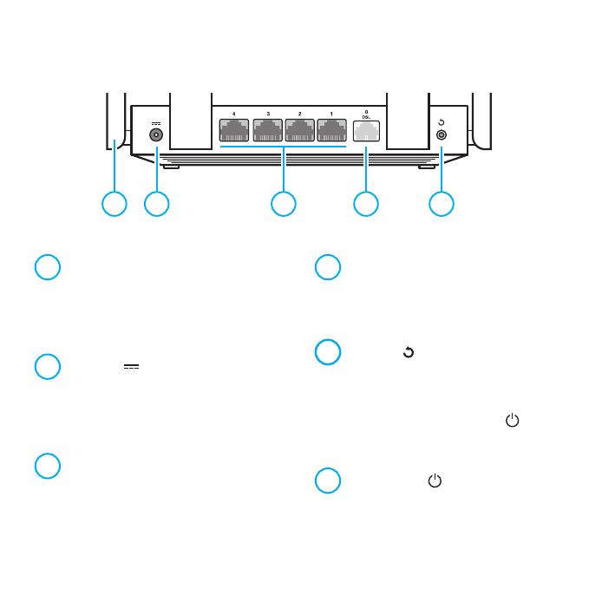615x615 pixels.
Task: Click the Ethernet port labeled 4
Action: pos(235,129)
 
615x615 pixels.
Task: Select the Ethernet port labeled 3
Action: pos(268,129)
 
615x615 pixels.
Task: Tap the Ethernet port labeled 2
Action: pos(300,129)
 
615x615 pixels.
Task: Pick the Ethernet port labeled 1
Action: pos(332,129)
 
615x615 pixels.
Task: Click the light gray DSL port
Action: pos(366,130)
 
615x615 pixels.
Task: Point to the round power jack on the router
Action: pos(157,134)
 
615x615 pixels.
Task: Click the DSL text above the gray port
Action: pos(366,117)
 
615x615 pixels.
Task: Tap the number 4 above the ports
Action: pos(235,114)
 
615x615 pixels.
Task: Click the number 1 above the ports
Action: pos(332,114)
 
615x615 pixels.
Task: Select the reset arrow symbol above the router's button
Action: pos(442,122)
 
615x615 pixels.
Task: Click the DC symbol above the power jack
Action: pos(156,122)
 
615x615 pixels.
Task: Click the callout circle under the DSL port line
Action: pos(366,204)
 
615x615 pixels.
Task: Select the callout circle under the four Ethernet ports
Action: pos(284,204)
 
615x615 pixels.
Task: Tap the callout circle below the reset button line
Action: pos(442,204)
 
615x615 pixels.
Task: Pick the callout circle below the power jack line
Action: pos(156,204)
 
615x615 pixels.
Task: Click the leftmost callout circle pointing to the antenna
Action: pos(114,204)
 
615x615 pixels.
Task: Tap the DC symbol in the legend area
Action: pos(131,367)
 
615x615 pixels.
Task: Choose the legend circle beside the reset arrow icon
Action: pos(327,352)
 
